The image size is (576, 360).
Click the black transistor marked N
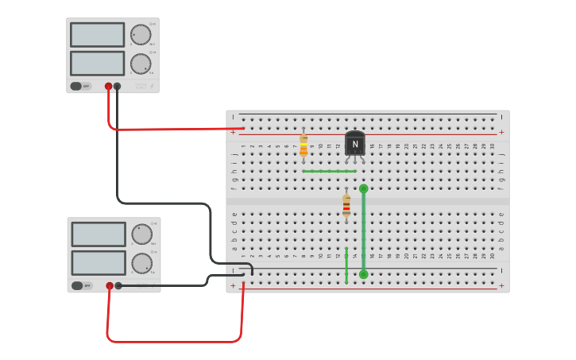pos(355,144)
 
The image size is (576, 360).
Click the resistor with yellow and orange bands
pos(303,147)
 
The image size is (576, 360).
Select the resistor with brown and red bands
pos(346,206)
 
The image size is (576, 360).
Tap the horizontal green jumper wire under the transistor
pos(328,171)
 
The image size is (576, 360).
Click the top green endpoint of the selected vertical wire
pos(364,188)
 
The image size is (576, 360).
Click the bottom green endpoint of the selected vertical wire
pos(364,274)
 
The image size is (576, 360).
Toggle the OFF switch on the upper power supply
pos(80,86)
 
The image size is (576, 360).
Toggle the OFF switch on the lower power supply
pos(81,285)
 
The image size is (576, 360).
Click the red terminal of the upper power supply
pos(109,87)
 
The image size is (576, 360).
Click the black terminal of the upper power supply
pos(118,87)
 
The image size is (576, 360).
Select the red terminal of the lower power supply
pos(110,285)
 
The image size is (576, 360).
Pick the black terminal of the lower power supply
pos(118,285)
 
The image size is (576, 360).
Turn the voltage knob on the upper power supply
pos(141,34)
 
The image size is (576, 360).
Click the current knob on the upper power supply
pos(141,64)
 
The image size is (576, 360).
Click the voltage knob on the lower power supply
pos(141,234)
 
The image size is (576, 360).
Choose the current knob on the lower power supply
pos(141,263)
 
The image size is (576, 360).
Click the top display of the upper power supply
pos(97,35)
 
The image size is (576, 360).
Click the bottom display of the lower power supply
pos(99,263)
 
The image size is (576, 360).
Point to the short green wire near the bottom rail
pos(346,265)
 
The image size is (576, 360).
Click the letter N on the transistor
pos(355,145)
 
